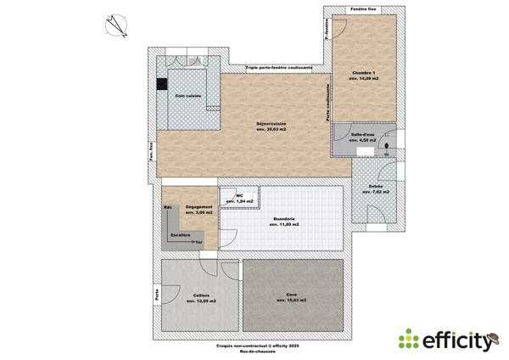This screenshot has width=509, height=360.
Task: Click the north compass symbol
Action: [116, 25]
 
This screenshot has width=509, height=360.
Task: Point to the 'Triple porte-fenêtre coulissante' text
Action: [279, 67]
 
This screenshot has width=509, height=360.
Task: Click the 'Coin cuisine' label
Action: [188, 96]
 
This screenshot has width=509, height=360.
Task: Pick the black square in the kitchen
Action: [161, 83]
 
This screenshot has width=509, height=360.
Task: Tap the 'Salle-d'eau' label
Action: [365, 136]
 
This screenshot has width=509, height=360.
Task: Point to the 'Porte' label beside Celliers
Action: [156, 295]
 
